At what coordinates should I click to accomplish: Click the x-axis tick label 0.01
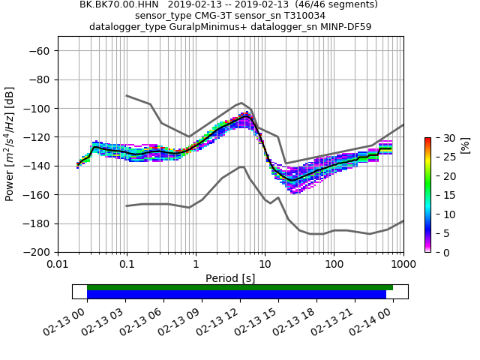pyautogui.click(x=58, y=264)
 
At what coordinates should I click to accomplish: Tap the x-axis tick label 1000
pyautogui.click(x=403, y=264)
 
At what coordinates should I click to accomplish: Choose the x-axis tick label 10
pyautogui.click(x=265, y=264)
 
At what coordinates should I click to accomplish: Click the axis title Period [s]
pyautogui.click(x=230, y=277)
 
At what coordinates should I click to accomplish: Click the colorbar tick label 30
pyautogui.click(x=441, y=138)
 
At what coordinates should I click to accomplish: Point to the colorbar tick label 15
pyautogui.click(x=441, y=195)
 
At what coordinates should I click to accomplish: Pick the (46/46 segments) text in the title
pyautogui.click(x=329, y=4)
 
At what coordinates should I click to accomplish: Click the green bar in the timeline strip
pyautogui.click(x=240, y=287)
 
